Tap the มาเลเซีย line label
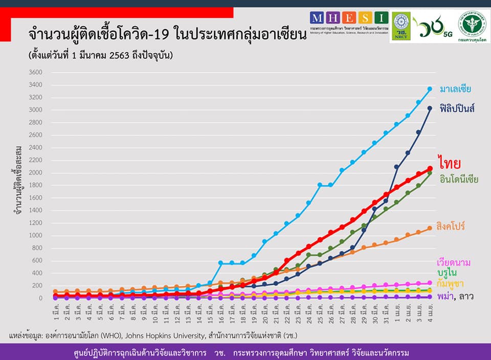click(455, 89)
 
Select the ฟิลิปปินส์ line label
click(457, 109)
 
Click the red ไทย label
click(450, 163)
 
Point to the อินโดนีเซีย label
click(458, 179)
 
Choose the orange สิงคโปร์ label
click(451, 226)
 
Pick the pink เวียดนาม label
click(453, 262)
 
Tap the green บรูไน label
click(448, 273)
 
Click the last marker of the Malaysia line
click(430, 89)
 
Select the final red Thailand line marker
click(430, 168)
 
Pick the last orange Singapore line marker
click(430, 228)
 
